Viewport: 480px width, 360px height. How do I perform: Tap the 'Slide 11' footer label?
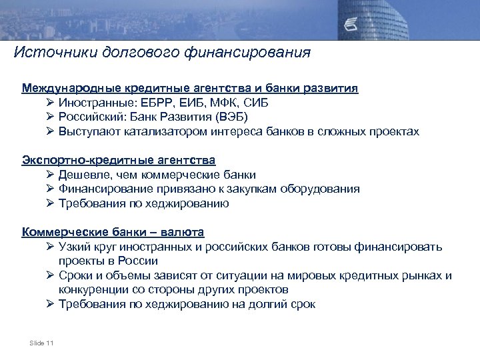click(41, 343)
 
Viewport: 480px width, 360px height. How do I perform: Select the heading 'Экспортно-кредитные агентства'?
click(119, 161)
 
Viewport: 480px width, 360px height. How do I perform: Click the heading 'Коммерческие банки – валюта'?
click(113, 233)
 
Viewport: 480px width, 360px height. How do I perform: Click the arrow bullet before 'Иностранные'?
click(51, 103)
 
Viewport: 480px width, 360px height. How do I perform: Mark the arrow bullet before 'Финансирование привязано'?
click(51, 189)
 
